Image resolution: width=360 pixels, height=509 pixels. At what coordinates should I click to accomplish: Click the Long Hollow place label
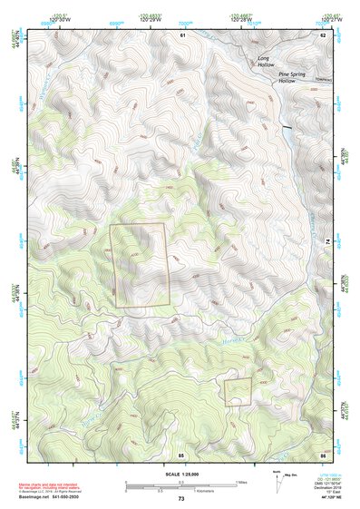coord(265,62)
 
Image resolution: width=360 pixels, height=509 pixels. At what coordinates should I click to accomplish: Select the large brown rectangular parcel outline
coord(140,265)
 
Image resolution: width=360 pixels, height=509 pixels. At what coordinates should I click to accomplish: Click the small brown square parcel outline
coord(238,391)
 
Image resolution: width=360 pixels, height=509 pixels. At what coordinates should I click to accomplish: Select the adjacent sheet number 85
coord(181,453)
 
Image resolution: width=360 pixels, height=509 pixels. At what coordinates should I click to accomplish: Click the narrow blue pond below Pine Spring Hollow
coord(288,136)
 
